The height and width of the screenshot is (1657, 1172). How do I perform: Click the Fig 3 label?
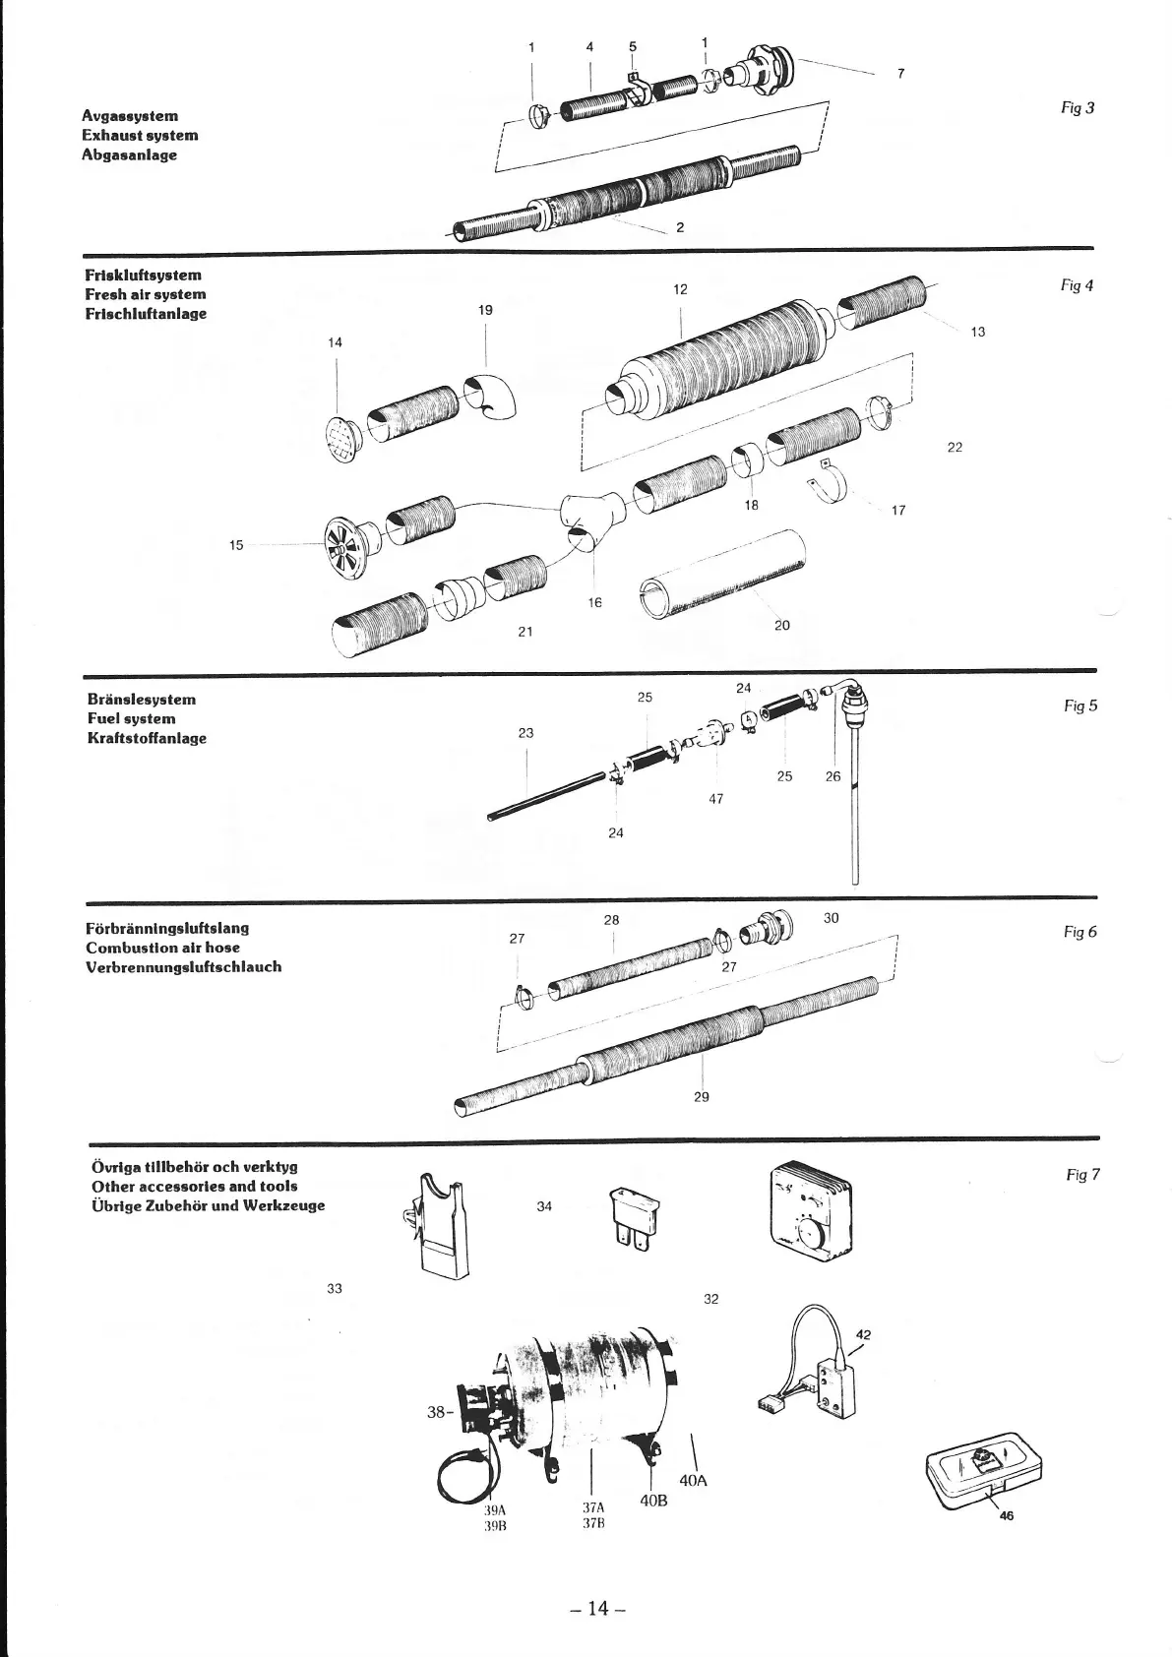point(1078,108)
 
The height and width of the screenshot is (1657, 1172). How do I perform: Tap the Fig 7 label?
point(1082,1175)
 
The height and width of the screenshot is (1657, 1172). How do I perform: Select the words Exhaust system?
point(140,136)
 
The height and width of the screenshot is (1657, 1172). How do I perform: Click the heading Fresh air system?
point(146,294)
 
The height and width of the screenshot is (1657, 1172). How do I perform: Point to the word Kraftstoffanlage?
point(147,739)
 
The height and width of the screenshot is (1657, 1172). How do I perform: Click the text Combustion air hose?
point(162,948)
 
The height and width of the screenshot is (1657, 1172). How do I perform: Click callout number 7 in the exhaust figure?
point(900,73)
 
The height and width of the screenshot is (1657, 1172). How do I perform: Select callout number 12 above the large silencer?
point(680,289)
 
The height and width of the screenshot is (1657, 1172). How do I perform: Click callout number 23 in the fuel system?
point(525,733)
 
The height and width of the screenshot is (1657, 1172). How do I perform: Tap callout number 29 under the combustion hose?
point(701,1096)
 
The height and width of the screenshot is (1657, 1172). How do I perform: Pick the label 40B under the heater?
point(653,1502)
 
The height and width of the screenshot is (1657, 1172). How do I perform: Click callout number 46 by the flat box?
point(1006,1516)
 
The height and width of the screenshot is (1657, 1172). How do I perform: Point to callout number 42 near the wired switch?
point(864,1335)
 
